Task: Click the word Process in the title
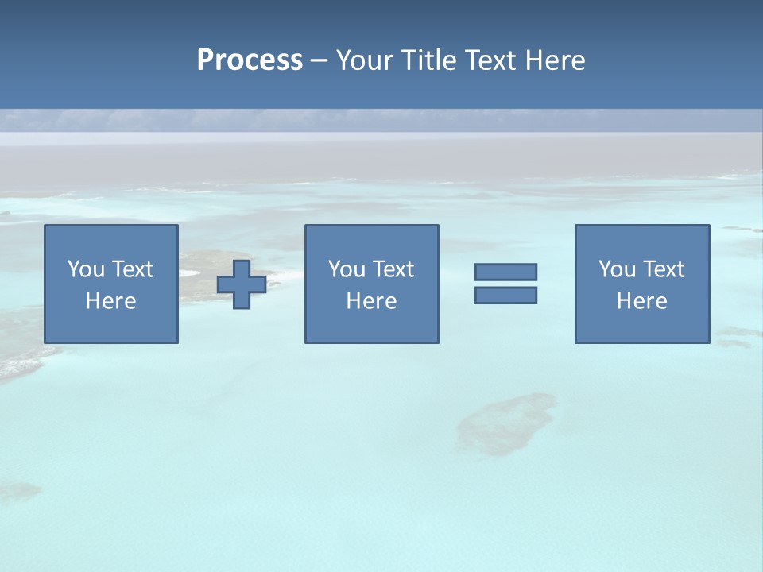tap(250, 60)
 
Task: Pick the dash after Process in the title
tap(319, 60)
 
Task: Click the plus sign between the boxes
tap(242, 284)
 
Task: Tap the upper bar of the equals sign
tap(505, 272)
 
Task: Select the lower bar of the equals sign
tap(505, 295)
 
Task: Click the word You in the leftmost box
tap(86, 269)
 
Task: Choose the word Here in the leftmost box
tap(110, 301)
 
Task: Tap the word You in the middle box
tap(347, 269)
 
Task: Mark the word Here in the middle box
tap(371, 301)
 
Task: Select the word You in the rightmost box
tap(617, 269)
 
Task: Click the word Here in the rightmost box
tap(641, 301)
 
